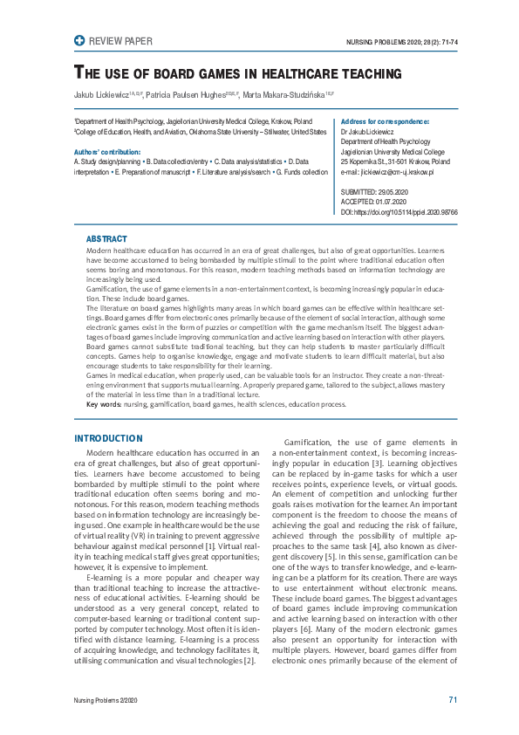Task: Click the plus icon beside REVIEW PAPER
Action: click(80, 40)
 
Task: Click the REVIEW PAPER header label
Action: click(120, 40)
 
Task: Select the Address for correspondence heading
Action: click(385, 121)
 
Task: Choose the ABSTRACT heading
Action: click(106, 238)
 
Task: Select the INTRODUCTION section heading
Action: click(108, 438)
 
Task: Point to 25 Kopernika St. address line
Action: click(395, 162)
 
